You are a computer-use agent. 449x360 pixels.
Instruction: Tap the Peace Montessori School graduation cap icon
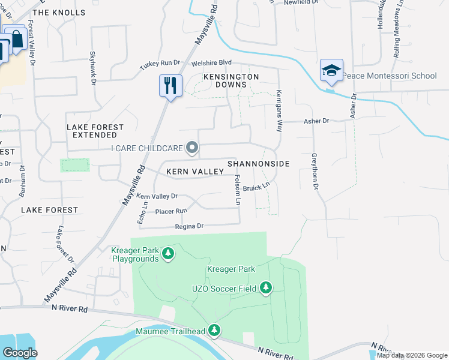click(331, 71)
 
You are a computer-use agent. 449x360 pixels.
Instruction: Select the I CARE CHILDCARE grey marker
click(192, 148)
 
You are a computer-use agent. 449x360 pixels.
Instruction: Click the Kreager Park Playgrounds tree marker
click(169, 254)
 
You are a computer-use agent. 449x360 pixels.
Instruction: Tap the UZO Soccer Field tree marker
click(266, 289)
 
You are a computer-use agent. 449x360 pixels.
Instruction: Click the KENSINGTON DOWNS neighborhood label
click(231, 81)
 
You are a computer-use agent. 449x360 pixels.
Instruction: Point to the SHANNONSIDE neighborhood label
click(259, 164)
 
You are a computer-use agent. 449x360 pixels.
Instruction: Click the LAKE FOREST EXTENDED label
click(95, 131)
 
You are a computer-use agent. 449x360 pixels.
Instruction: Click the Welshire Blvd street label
click(211, 63)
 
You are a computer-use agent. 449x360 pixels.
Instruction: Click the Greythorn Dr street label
click(314, 171)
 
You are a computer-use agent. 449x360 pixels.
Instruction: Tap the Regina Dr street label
click(190, 226)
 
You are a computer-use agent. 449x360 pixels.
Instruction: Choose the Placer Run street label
click(172, 211)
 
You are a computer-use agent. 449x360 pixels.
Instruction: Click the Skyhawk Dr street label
click(93, 67)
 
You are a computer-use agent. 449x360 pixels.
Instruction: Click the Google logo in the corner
click(20, 353)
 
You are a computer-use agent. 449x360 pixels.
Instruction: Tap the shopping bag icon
click(16, 40)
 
